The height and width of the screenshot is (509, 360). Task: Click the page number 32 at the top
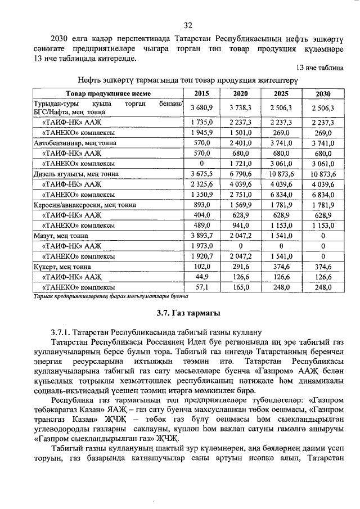[188, 25]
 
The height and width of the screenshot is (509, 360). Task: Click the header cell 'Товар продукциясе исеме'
[108, 93]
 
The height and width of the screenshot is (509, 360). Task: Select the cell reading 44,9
[201, 276]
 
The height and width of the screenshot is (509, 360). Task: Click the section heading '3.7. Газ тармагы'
[188, 313]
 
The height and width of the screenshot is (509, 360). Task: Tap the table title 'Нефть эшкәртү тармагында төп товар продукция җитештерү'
[187, 80]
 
